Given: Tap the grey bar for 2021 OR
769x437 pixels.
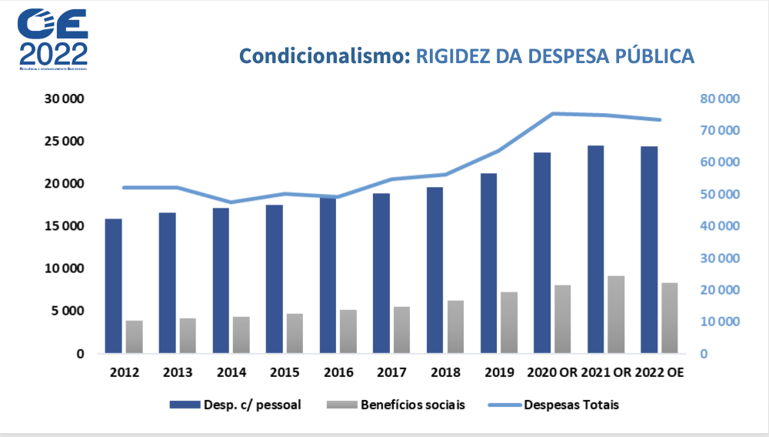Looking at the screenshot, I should click(x=616, y=315).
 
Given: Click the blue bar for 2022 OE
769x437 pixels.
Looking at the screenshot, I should click(x=650, y=249).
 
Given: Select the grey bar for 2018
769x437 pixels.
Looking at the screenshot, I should click(x=455, y=326).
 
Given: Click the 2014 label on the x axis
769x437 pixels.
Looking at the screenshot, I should click(x=231, y=372).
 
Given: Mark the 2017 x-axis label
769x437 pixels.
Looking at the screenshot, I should click(x=391, y=372).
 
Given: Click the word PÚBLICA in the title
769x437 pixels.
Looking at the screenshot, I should click(x=654, y=56).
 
